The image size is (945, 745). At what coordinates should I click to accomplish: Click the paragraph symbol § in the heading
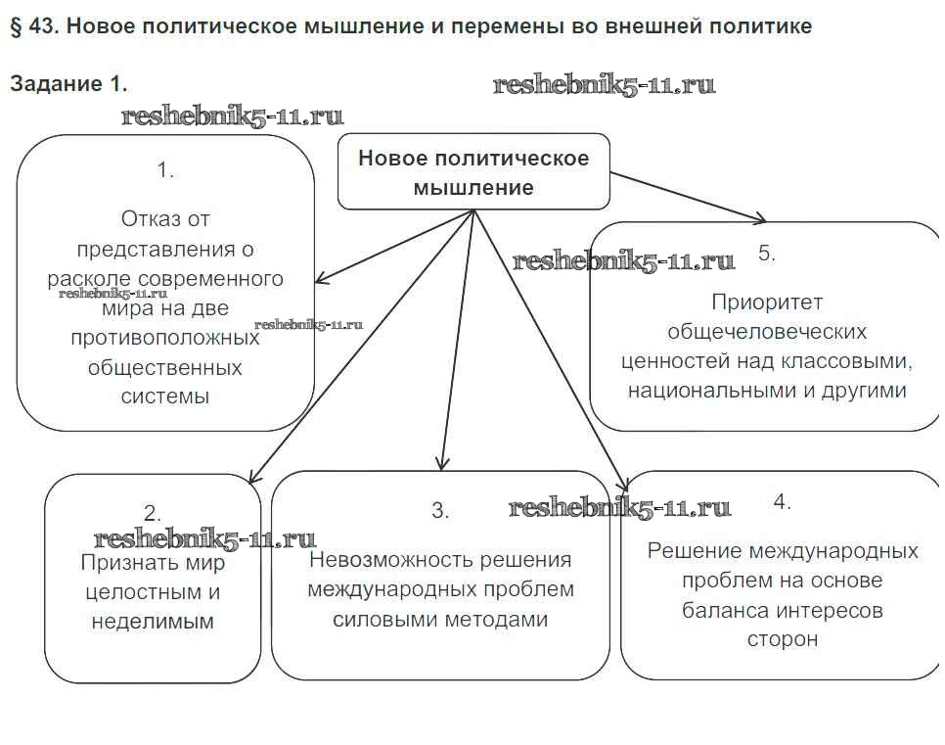(16, 26)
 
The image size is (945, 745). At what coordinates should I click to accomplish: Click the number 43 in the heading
(42, 26)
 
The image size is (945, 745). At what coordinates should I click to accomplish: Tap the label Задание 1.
(68, 84)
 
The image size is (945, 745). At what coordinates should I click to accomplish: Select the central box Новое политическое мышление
(473, 172)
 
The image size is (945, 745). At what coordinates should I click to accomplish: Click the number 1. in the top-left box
(165, 169)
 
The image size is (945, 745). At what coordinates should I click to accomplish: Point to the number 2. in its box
(152, 512)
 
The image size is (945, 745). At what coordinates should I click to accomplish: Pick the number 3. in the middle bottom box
(440, 510)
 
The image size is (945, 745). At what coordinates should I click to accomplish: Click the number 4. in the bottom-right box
(782, 502)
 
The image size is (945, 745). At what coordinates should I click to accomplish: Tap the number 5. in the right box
(767, 253)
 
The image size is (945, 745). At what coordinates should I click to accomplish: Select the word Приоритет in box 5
(767, 302)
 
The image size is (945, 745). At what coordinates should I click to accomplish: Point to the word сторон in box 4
(782, 639)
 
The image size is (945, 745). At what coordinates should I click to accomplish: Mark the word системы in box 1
(165, 396)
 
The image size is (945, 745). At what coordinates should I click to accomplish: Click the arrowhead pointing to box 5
(760, 217)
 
